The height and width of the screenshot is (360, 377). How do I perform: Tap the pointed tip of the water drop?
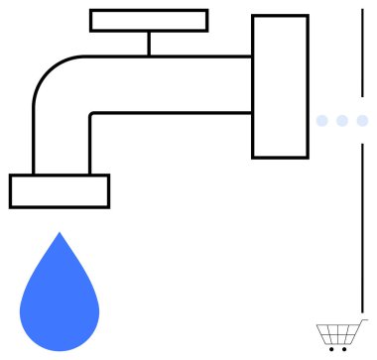click(x=60, y=236)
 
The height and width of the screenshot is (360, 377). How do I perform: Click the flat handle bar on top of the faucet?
click(x=149, y=20)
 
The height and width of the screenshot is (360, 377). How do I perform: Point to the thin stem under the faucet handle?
click(x=149, y=44)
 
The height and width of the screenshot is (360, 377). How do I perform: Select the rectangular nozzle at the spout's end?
click(x=60, y=190)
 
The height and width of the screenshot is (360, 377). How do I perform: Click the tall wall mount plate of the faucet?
click(x=280, y=86)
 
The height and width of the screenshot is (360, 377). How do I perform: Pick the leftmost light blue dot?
click(x=321, y=121)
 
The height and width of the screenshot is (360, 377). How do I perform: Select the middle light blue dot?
click(x=342, y=121)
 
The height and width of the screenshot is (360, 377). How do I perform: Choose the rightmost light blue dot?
click(x=362, y=121)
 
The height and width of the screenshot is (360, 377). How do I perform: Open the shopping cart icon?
click(x=335, y=335)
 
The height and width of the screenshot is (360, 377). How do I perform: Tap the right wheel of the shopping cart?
click(x=344, y=349)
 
